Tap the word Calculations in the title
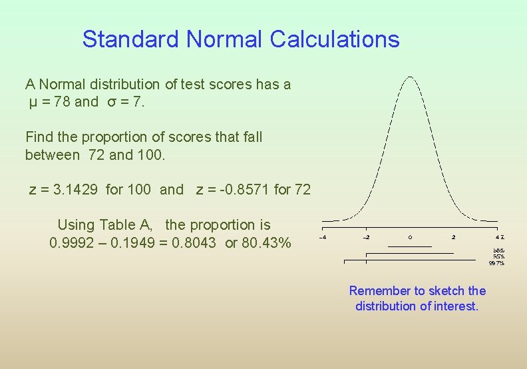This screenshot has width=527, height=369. (x=335, y=40)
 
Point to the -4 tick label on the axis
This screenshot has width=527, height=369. (x=323, y=237)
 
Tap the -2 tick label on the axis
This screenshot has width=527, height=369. (x=366, y=237)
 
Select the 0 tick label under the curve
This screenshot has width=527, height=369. (x=410, y=237)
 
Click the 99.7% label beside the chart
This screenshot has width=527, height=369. (x=497, y=263)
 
